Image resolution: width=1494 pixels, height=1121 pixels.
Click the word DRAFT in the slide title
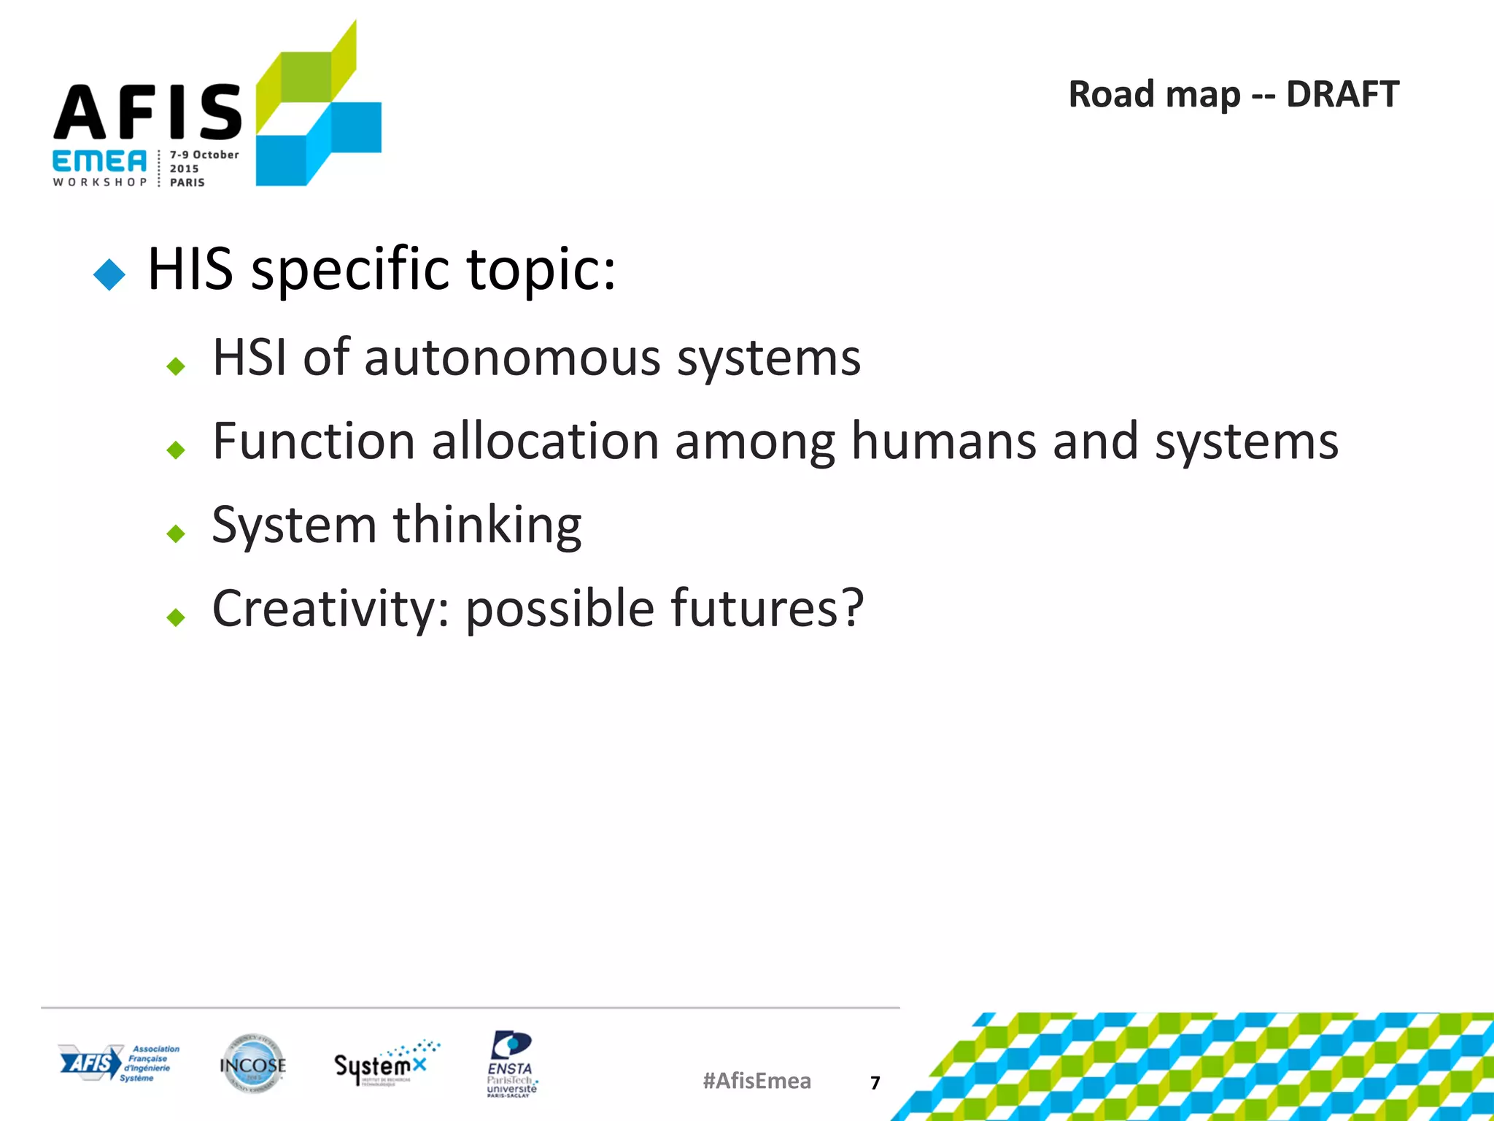(x=1342, y=95)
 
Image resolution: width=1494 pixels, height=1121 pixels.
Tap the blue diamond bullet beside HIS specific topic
(x=109, y=274)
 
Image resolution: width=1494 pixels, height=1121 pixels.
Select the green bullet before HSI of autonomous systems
(x=176, y=366)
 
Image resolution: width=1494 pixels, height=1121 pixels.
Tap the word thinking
(x=487, y=525)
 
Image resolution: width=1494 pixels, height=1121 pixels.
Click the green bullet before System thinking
(x=176, y=533)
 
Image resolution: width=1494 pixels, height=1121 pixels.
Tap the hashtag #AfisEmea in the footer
(x=756, y=1081)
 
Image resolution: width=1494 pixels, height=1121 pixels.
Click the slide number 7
(x=875, y=1082)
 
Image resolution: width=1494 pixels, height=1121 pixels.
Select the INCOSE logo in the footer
(x=252, y=1064)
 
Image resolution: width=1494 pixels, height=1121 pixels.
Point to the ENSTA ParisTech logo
(x=511, y=1064)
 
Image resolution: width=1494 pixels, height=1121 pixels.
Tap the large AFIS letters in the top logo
(x=147, y=112)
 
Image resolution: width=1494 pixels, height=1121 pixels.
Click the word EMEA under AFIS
(x=99, y=161)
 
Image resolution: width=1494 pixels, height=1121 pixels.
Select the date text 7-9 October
(x=204, y=155)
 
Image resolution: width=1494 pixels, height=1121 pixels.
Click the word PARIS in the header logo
(x=187, y=182)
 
